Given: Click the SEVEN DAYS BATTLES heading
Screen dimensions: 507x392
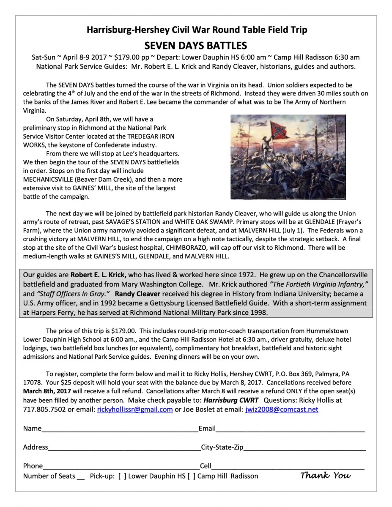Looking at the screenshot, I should (196, 45).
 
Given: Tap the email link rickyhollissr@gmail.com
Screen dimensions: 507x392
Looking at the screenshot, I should (135, 409).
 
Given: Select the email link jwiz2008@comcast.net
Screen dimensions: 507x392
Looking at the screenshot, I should (282, 409).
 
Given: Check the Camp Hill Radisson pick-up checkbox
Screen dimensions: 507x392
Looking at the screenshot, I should (191, 476).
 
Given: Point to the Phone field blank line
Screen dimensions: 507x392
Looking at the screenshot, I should (121, 467).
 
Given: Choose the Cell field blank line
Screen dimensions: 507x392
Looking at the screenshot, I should (288, 467).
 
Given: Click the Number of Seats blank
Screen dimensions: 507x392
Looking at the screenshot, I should (81, 477).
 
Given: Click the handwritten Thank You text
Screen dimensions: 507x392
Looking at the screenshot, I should (326, 476).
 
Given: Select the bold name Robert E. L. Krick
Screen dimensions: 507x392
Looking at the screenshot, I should (98, 275).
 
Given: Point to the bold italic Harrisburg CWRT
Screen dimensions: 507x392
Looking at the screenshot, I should (231, 400).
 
